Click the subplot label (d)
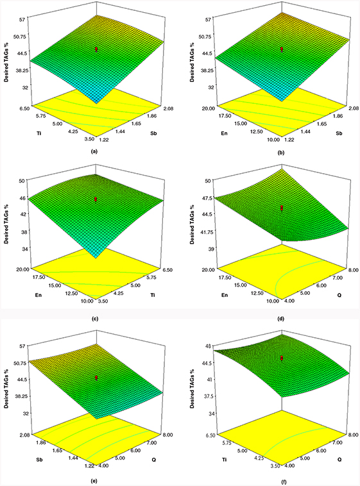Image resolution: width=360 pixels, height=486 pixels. point(282,319)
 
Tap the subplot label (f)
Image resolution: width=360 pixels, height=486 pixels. point(282,482)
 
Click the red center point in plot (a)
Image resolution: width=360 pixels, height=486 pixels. point(96,49)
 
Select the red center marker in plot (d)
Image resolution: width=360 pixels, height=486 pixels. point(282,208)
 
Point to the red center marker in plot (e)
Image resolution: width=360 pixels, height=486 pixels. point(96,378)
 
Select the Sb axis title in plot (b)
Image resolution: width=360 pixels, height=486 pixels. point(339,133)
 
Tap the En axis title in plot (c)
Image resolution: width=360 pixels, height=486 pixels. point(39,296)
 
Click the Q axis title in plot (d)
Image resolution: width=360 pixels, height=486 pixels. point(339,296)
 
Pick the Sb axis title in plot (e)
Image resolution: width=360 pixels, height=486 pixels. point(39,459)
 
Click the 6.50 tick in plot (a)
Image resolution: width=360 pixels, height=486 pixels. point(24,108)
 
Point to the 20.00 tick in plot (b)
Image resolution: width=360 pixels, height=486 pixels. point(210,108)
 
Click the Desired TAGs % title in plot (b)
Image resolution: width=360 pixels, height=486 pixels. point(193,61)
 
